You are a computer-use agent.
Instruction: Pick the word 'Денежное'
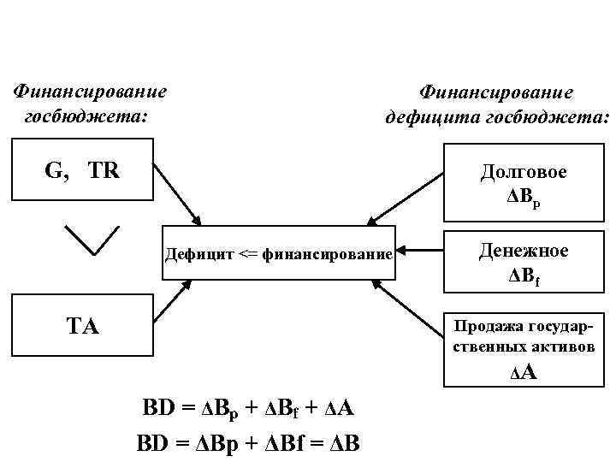(524, 250)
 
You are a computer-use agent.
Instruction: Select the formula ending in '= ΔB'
(248, 443)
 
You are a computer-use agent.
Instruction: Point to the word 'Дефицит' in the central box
(199, 254)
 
